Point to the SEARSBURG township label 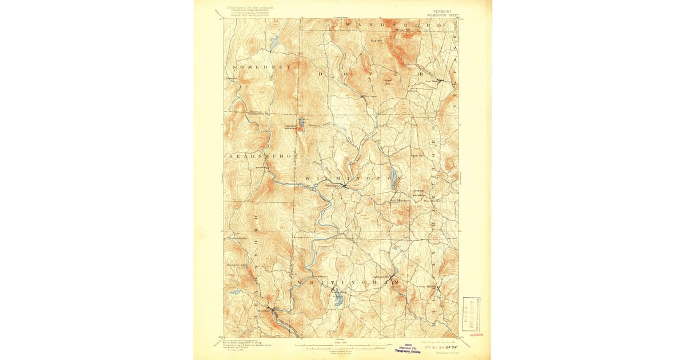click(x=260, y=155)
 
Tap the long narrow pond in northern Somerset click(x=274, y=41)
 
